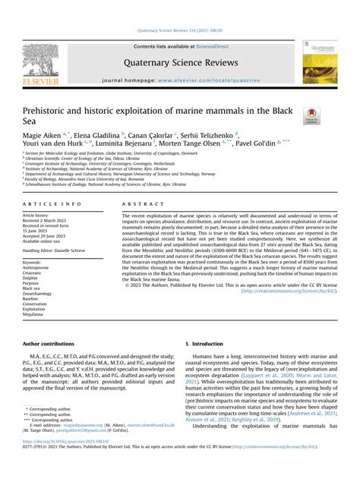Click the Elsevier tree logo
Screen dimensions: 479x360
click(x=40, y=61)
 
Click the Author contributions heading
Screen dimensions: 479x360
click(x=50, y=344)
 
